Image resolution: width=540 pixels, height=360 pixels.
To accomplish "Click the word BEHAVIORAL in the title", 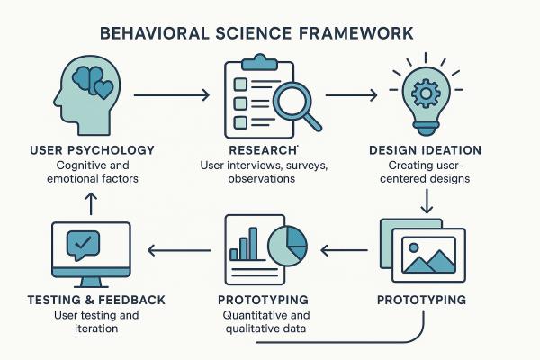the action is click(154, 33).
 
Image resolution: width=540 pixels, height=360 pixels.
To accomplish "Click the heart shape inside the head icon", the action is click(103, 89).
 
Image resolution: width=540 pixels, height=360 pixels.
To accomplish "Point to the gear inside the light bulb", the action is click(426, 94).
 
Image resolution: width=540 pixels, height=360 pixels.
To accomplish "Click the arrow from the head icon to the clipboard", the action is click(172, 94).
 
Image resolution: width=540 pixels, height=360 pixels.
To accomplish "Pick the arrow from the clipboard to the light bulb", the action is click(351, 94).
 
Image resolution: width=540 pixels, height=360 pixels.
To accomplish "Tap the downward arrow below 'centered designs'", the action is click(427, 202).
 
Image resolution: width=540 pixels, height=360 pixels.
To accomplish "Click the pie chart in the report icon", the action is click(288, 247).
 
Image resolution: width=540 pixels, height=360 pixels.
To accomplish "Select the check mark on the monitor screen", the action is click(83, 242).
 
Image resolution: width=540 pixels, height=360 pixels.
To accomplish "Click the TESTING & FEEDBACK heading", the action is click(96, 300).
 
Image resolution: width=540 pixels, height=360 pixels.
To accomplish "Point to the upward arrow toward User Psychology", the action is click(91, 203).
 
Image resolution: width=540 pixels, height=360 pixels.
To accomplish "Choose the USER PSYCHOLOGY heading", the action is click(93, 150).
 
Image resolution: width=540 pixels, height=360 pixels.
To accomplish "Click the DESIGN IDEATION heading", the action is click(426, 150).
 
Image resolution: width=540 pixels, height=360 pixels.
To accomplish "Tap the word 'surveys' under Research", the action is click(307, 166).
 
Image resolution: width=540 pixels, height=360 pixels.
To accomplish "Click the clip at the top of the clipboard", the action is click(260, 62).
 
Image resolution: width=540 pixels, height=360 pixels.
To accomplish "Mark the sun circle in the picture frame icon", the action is click(414, 247).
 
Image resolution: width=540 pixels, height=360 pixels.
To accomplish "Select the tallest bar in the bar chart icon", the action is click(253, 244).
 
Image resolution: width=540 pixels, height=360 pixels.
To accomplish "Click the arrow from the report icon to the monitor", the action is click(179, 250).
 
